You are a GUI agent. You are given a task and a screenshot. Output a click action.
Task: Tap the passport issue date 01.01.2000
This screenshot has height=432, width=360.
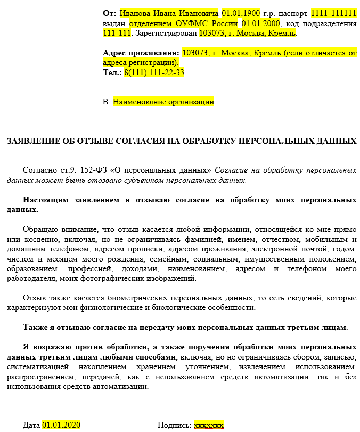pos(261,23)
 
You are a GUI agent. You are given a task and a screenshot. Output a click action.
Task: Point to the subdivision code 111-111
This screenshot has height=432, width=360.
pos(117,33)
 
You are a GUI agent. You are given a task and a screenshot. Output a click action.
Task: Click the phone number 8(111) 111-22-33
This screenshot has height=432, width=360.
pos(154,72)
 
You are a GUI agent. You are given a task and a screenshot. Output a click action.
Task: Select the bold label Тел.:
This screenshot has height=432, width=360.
pos(112,72)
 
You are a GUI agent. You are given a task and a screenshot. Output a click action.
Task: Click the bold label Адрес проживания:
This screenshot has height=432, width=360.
pos(141,53)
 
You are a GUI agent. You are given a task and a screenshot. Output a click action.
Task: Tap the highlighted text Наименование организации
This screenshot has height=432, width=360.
pos(163,101)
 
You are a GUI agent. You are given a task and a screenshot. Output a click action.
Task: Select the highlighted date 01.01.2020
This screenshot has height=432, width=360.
pos(61,425)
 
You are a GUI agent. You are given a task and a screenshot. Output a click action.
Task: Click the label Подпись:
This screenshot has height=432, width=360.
pos(174,425)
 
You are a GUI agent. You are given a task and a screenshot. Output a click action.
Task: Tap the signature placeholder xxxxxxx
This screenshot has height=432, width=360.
pos(209,425)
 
